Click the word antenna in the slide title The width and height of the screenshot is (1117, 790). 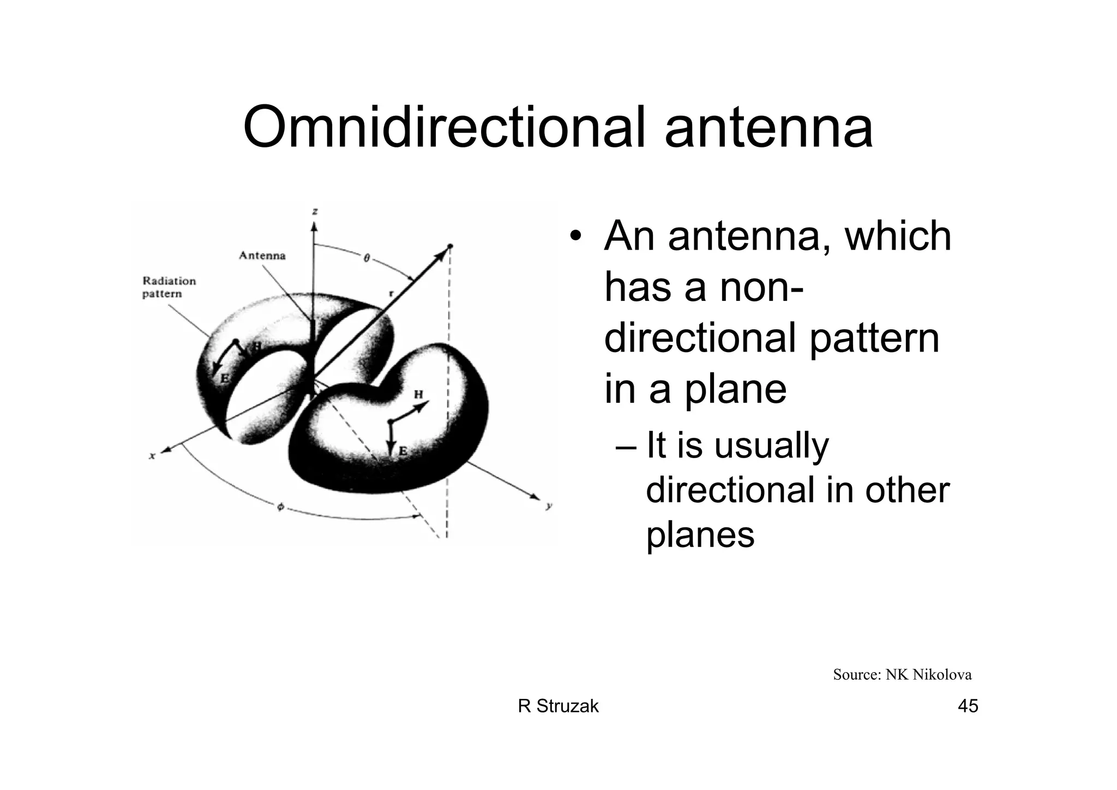[x=768, y=128]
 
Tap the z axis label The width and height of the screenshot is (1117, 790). [x=315, y=212]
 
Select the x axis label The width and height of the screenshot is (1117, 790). [x=152, y=455]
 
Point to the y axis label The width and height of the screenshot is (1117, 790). [x=549, y=506]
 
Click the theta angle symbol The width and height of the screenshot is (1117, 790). [x=367, y=258]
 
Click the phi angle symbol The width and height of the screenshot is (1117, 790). [x=281, y=507]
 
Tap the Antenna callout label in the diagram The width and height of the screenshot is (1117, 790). [x=262, y=256]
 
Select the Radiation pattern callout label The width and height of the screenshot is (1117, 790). [x=169, y=287]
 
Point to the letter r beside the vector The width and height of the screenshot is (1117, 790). [x=391, y=293]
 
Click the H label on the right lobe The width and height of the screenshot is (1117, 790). [x=419, y=394]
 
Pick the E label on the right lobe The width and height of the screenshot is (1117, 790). [x=403, y=451]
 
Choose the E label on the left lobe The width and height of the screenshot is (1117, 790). [x=225, y=378]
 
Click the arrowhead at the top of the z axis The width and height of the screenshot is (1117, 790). [x=314, y=225]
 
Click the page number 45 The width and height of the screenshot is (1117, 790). [x=968, y=706]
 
